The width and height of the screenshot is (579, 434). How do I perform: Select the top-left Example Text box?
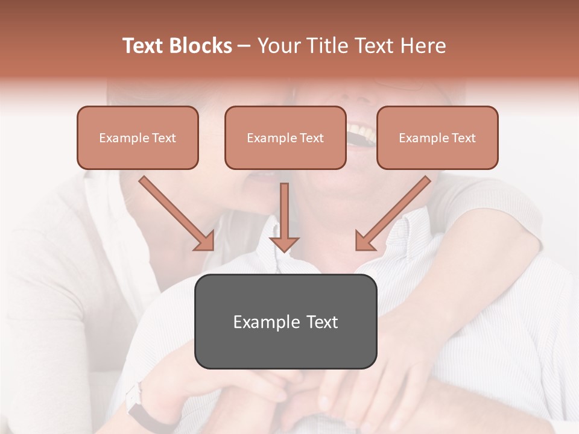pyautogui.click(x=138, y=137)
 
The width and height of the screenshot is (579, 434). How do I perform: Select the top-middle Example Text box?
pyautogui.click(x=285, y=137)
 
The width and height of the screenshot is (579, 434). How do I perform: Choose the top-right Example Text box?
pyautogui.click(x=437, y=137)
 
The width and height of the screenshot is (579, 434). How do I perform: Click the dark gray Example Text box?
pyautogui.click(x=285, y=321)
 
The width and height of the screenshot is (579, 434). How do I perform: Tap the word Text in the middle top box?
pyautogui.click(x=311, y=138)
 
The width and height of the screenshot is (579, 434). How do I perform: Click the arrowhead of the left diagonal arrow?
pyautogui.click(x=205, y=242)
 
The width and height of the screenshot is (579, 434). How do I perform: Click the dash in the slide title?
pyautogui.click(x=244, y=46)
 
